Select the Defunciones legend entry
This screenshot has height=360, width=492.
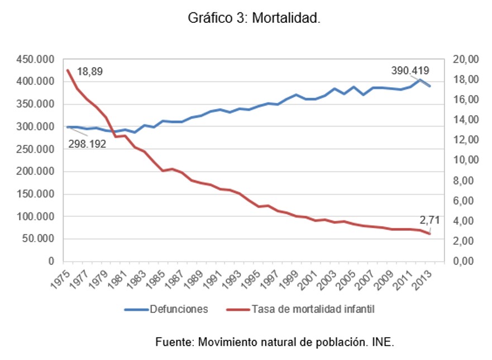(178, 309)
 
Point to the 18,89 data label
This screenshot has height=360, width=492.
(90, 72)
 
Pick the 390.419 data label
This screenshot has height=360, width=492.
(410, 71)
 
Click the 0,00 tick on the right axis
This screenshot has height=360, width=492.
(465, 261)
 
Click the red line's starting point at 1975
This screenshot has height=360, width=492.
(68, 70)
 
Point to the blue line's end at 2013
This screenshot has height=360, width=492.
(429, 86)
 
